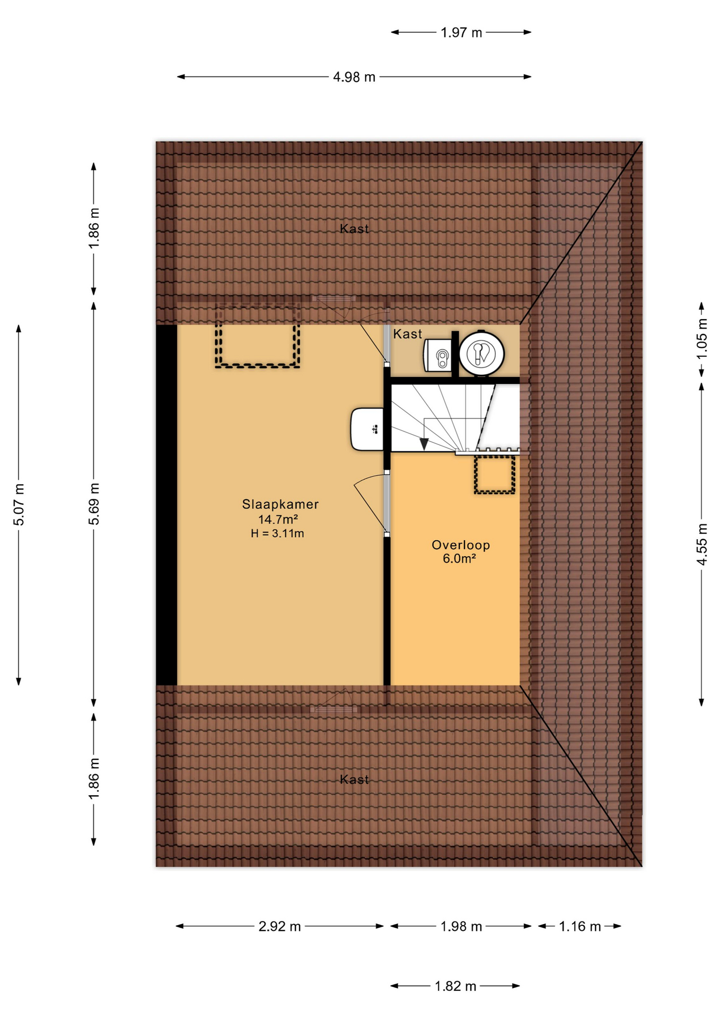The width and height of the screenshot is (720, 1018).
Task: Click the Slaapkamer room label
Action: point(280,504)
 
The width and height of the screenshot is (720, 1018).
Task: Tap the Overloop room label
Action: point(460,545)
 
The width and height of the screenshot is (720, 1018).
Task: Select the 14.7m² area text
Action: point(277,519)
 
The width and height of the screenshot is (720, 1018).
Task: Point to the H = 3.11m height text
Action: point(277,533)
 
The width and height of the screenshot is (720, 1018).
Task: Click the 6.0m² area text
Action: point(459,558)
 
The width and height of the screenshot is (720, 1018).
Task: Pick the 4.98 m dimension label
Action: point(354,77)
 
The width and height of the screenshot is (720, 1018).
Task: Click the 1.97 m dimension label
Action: point(461,32)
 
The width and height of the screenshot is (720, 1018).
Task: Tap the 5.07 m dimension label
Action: point(19,505)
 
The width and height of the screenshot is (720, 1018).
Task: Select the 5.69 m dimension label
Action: point(93,504)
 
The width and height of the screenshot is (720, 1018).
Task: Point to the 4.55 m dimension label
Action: point(701,544)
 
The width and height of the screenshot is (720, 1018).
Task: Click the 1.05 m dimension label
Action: point(701,338)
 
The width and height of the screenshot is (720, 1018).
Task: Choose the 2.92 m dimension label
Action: point(279,926)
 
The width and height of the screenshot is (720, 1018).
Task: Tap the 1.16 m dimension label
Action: point(579,926)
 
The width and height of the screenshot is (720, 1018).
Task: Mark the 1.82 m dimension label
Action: point(455,986)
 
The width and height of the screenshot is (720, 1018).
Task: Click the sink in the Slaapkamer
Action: point(367,429)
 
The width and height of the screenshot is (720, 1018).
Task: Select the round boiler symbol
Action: point(481,353)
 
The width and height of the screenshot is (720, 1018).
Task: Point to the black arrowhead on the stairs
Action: point(424,444)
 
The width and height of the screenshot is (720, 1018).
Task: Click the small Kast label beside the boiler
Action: point(407,334)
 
